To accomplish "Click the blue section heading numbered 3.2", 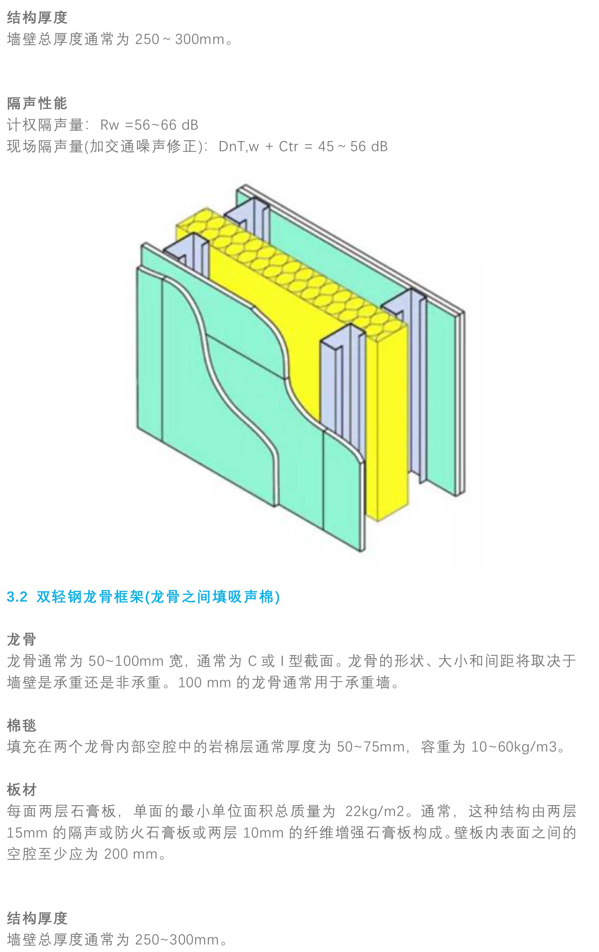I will pyautogui.click(x=143, y=596).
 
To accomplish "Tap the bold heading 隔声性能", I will pyautogui.click(x=37, y=103).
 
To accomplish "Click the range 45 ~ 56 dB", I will pyautogui.click(x=352, y=147).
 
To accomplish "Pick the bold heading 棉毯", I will pyautogui.click(x=22, y=725).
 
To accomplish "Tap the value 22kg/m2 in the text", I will pyautogui.click(x=375, y=811).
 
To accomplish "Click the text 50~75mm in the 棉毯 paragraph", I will pyautogui.click(x=370, y=747).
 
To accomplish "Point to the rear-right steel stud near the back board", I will pyautogui.click(x=412, y=356).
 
